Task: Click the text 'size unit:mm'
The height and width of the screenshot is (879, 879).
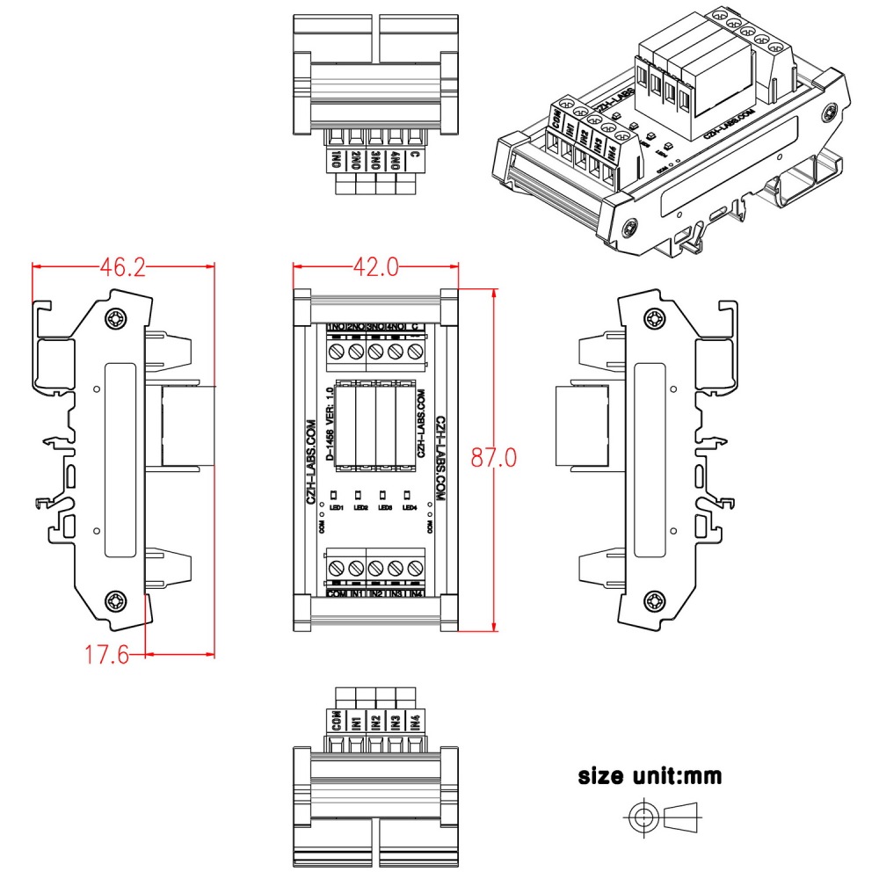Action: pos(650,776)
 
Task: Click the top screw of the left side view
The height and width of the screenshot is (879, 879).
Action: pos(115,318)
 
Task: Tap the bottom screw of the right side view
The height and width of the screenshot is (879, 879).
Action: pos(652,601)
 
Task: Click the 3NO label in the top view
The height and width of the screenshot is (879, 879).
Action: pos(376,160)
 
